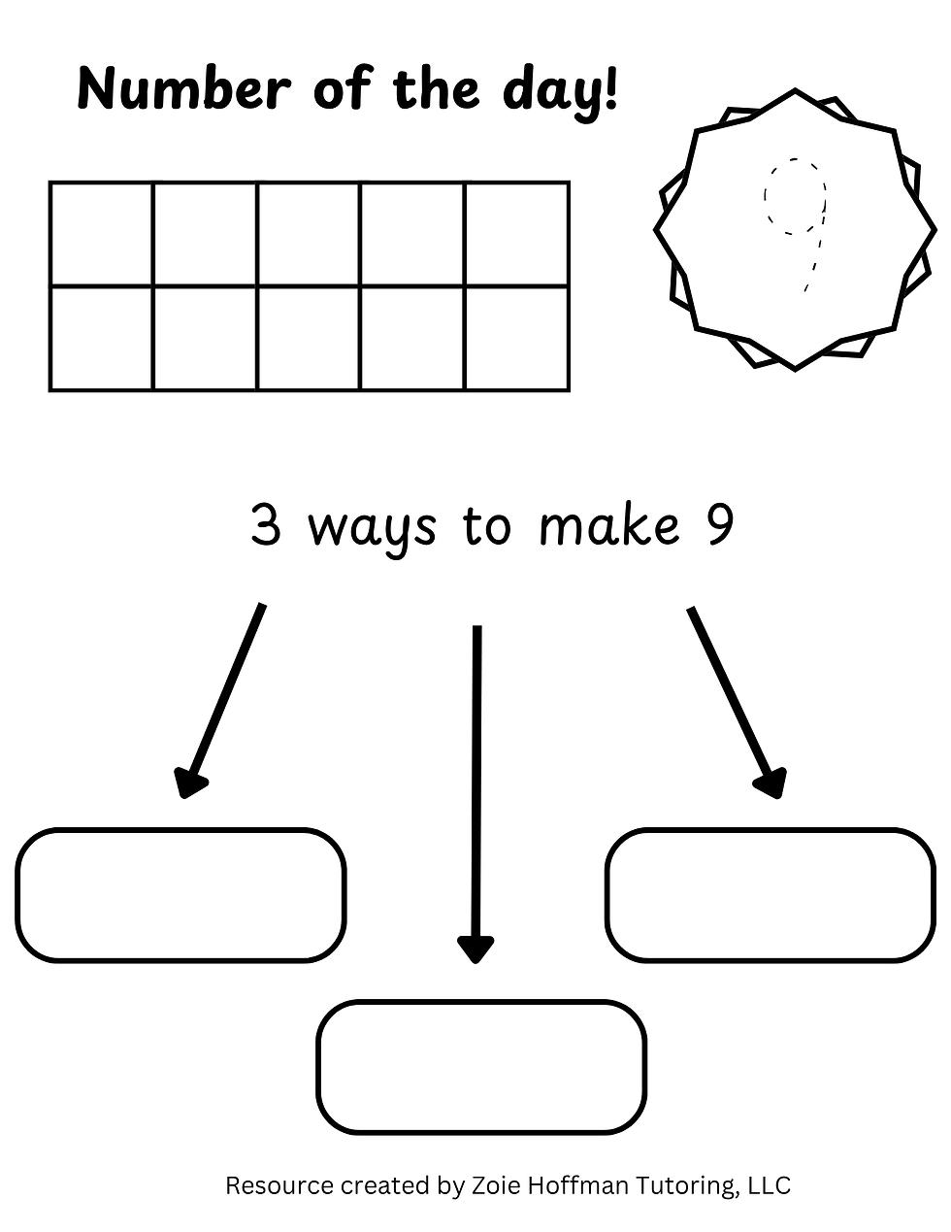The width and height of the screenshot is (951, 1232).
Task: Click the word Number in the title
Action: pyautogui.click(x=184, y=89)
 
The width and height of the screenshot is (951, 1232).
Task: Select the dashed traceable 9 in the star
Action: pyautogui.click(x=795, y=225)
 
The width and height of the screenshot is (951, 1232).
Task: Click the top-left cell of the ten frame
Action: pyautogui.click(x=101, y=234)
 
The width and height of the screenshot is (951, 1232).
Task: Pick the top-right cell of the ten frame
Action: pyautogui.click(x=516, y=234)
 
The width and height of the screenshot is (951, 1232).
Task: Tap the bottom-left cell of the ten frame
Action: pyautogui.click(x=101, y=339)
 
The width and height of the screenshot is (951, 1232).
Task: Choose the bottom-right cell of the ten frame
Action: pyautogui.click(x=516, y=339)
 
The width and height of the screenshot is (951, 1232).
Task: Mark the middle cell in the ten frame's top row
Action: pyautogui.click(x=309, y=234)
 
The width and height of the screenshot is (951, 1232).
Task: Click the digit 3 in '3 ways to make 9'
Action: pyautogui.click(x=266, y=525)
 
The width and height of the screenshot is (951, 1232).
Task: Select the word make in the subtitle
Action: pyautogui.click(x=609, y=524)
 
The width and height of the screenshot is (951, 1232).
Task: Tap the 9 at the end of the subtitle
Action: pyautogui.click(x=719, y=525)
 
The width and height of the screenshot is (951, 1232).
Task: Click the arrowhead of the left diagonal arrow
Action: pyautogui.click(x=189, y=782)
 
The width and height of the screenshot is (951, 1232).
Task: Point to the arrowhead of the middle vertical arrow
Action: pyautogui.click(x=476, y=949)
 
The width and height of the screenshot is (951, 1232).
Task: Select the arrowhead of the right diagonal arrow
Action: pyautogui.click(x=771, y=782)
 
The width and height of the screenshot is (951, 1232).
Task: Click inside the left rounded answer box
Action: pyautogui.click(x=180, y=895)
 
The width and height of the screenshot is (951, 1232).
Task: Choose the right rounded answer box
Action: pyautogui.click(x=771, y=895)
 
